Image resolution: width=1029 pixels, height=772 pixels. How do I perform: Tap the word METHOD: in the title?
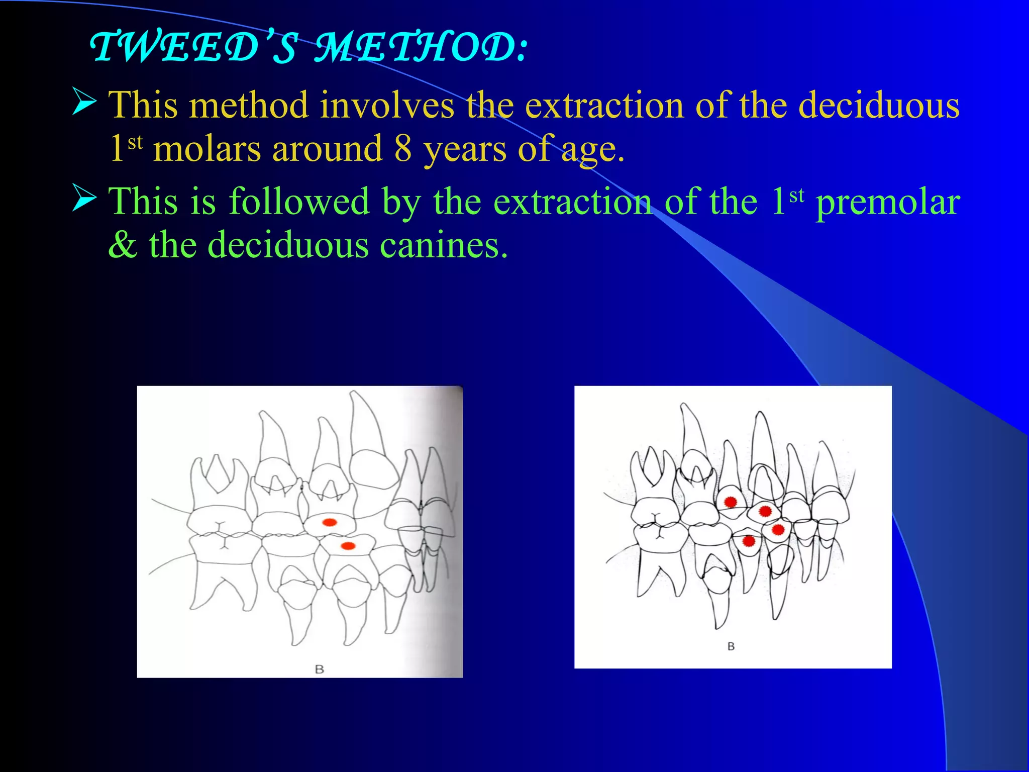tap(421, 48)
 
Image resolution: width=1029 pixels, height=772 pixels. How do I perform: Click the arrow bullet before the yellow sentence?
tap(84, 101)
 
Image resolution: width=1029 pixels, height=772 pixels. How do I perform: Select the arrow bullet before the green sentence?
tap(84, 197)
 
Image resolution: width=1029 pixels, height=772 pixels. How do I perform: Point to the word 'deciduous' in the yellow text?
tap(879, 106)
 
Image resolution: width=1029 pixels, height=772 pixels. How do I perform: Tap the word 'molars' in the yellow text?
tap(207, 149)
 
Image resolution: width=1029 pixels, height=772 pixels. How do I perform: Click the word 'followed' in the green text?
tap(299, 202)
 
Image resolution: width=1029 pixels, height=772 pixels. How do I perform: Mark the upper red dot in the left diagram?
tap(330, 522)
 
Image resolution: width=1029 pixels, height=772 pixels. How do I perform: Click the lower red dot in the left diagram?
tap(348, 546)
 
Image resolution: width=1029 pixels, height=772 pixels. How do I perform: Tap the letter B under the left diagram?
tap(319, 669)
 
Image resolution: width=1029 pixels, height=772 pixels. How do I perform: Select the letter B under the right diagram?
tap(731, 646)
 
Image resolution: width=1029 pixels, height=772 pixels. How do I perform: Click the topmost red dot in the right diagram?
tap(731, 502)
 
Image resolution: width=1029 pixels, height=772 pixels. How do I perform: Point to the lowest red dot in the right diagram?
tap(749, 541)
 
